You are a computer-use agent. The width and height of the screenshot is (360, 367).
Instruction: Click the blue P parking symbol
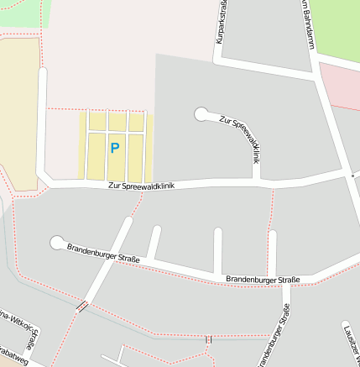115,148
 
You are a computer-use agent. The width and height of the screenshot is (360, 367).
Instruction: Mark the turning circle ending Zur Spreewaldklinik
201,113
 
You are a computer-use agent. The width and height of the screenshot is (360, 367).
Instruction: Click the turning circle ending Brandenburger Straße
57,243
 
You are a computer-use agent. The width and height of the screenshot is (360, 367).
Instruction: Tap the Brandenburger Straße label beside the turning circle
103,252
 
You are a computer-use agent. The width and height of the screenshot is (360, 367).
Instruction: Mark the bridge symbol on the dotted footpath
208,338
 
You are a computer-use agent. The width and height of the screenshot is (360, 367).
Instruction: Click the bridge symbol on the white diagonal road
82,306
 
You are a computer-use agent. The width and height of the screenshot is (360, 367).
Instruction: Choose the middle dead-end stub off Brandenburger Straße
218,249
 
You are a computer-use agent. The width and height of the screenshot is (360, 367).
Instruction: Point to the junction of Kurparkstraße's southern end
220,60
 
